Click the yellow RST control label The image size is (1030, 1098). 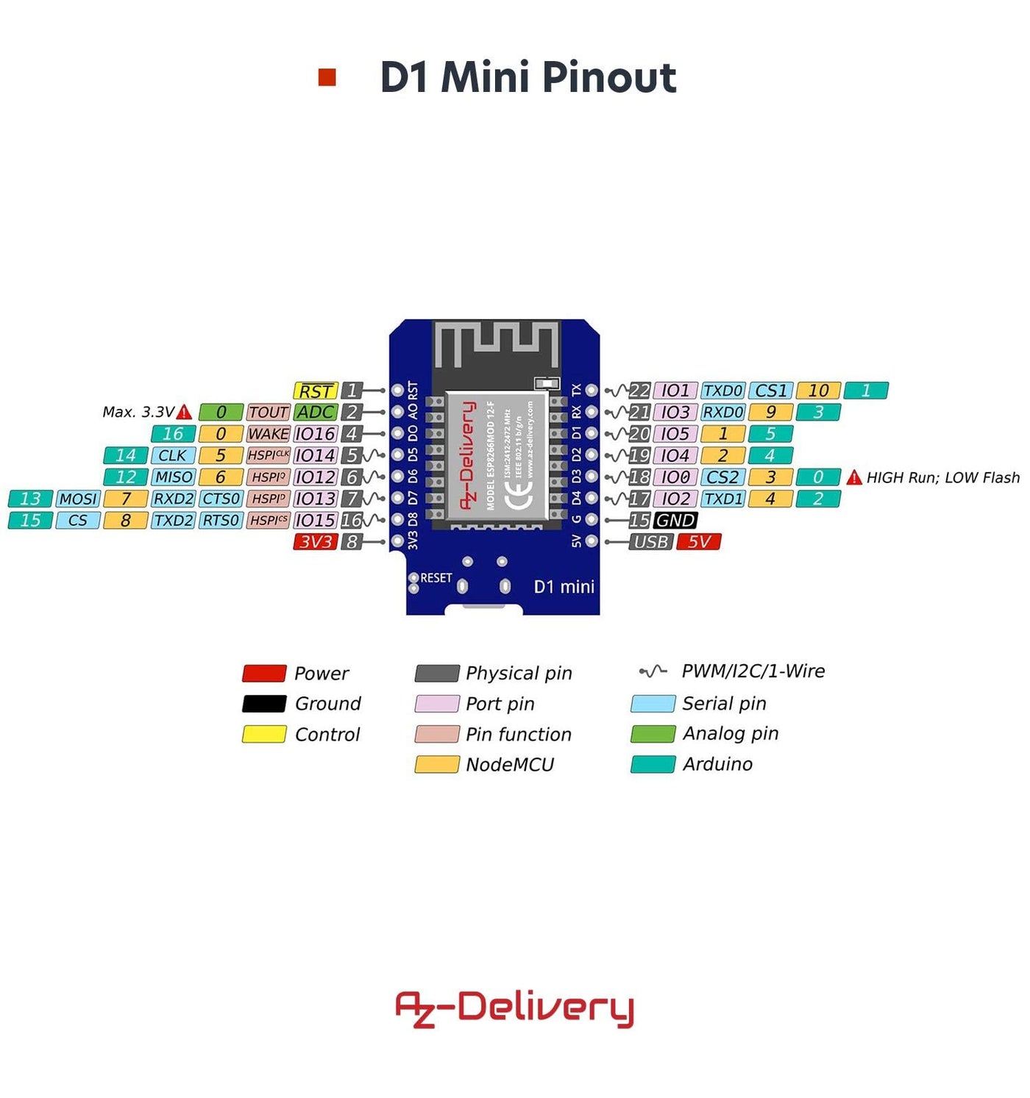315,391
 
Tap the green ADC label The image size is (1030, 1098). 315,413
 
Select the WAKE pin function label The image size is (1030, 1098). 268,434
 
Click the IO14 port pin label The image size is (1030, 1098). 315,456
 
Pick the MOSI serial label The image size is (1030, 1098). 78,499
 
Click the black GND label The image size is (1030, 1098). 675,521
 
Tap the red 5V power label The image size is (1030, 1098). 698,542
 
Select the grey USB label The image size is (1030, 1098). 651,542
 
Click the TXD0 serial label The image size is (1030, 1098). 722,391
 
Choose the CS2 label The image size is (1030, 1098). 722,477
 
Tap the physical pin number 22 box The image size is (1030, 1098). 639,391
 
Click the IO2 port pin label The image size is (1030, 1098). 675,499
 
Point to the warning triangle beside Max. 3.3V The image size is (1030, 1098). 185,413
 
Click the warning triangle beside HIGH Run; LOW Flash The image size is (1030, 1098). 853,478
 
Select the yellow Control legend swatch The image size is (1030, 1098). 264,734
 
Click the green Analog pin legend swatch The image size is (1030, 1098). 653,734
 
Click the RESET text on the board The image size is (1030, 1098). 436,578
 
